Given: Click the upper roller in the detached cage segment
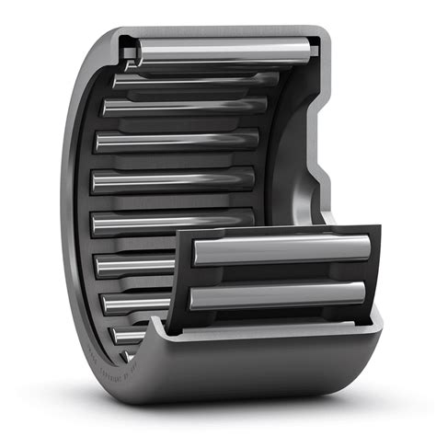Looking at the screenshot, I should [x=281, y=250].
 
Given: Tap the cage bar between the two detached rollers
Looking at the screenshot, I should [x=276, y=273].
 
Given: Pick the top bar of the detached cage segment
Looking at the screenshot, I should [x=276, y=231].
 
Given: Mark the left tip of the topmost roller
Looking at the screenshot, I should [x=141, y=56].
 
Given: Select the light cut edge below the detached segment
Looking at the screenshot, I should [x=276, y=331].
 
